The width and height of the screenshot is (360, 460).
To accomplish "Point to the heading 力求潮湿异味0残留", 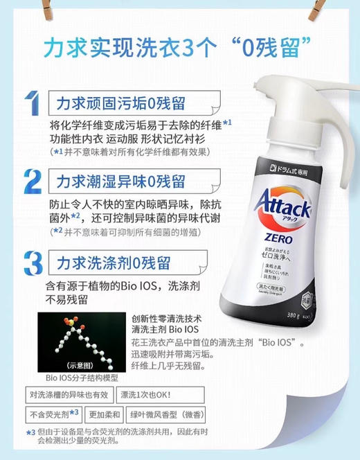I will (121, 182).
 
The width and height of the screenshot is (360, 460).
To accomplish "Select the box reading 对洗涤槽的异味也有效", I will (64, 396).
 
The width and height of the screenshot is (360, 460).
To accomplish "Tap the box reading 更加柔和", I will (104, 415).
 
